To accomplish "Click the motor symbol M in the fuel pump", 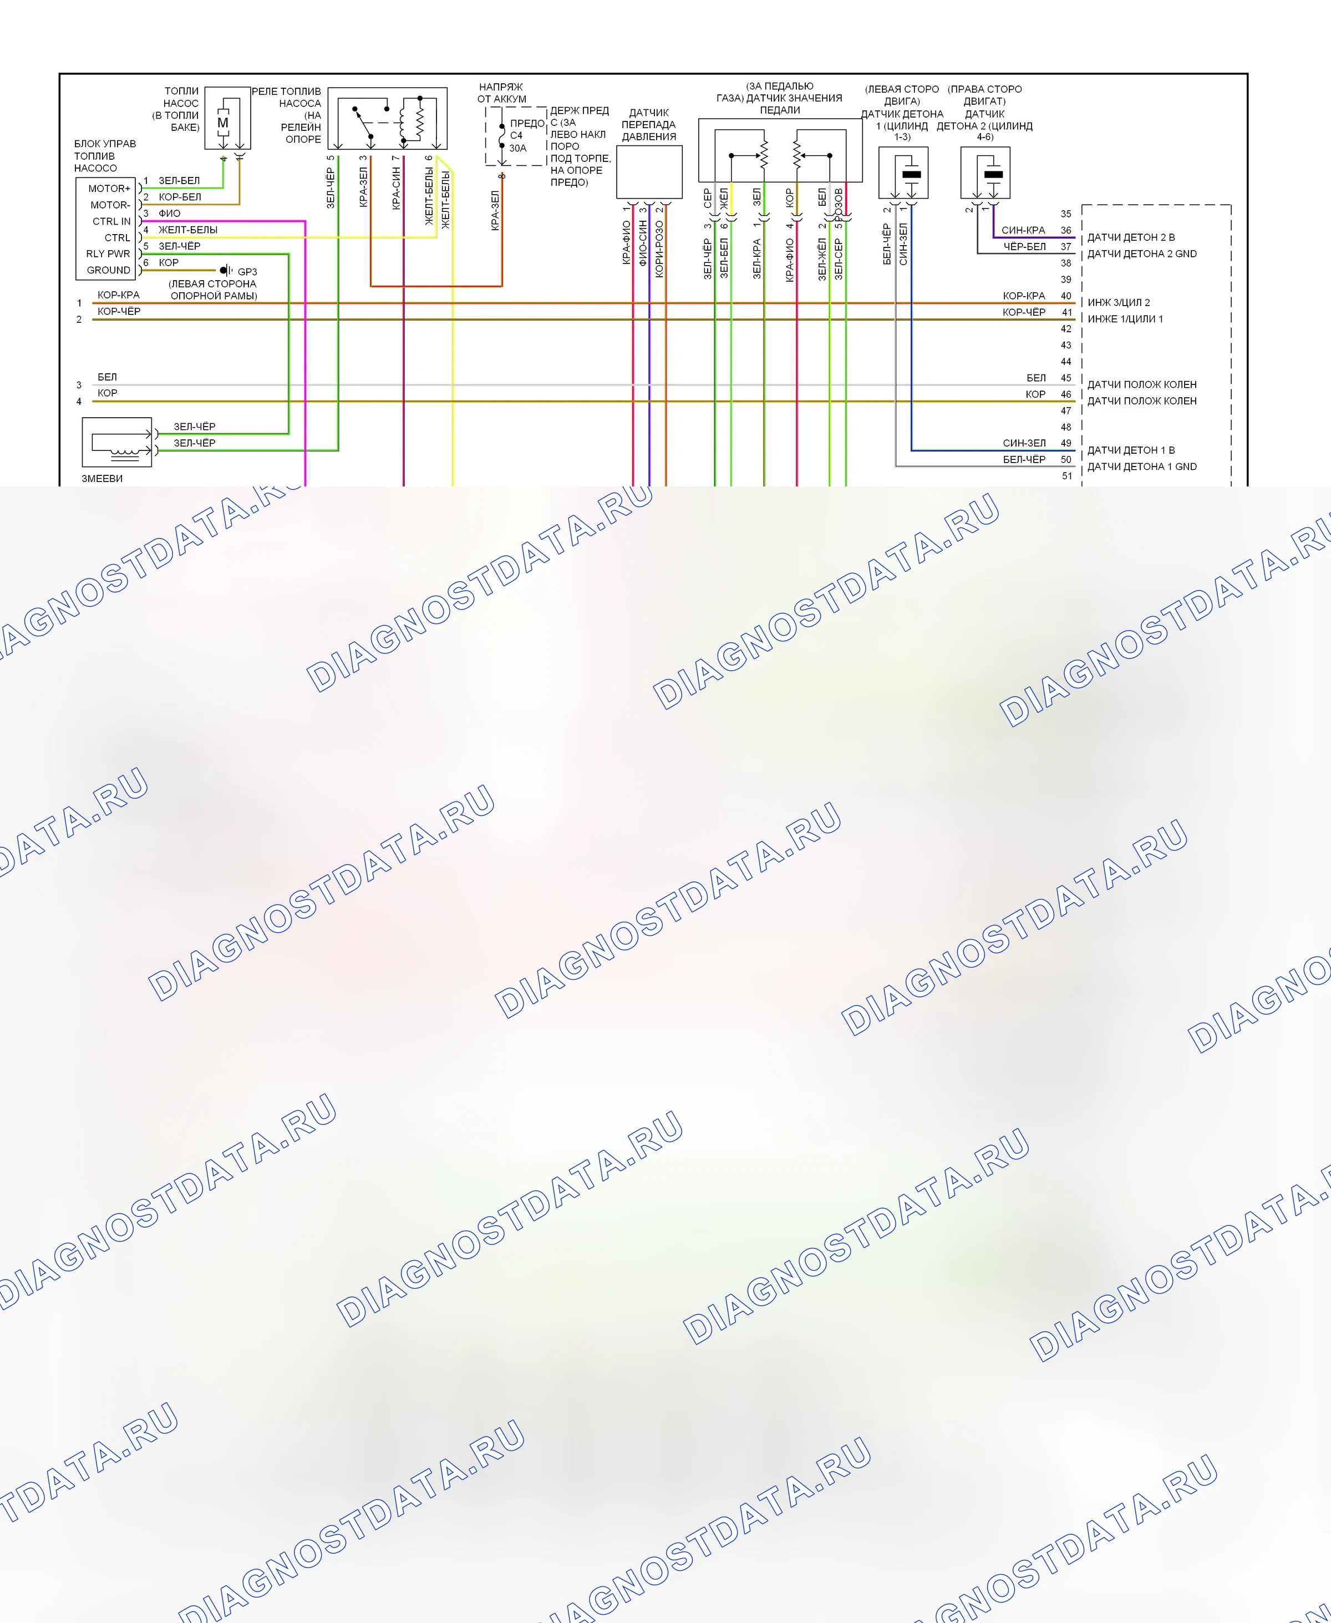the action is click(x=223, y=123).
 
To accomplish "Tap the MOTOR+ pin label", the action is click(x=109, y=189).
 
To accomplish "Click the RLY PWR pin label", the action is click(x=108, y=253).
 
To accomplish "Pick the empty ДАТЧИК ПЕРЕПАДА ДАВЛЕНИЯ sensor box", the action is click(x=649, y=173).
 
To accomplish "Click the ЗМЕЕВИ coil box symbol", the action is click(x=116, y=442).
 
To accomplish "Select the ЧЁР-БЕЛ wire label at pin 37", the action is click(x=1024, y=247).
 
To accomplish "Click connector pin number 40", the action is click(x=1066, y=296).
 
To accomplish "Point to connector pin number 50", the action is click(x=1066, y=459).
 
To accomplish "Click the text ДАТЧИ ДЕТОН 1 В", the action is click(x=1131, y=450).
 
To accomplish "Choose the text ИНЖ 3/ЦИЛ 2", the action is click(x=1119, y=303).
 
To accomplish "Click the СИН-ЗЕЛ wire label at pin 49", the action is click(x=1024, y=443).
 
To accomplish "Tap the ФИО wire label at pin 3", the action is click(x=170, y=213).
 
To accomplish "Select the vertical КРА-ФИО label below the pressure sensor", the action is click(x=626, y=242).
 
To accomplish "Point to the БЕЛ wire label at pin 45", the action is click(x=1036, y=378).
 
